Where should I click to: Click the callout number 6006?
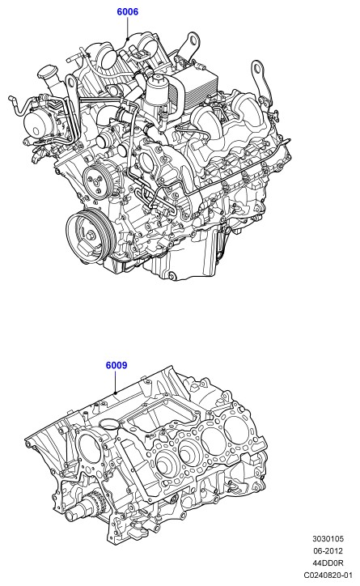(x=127, y=12)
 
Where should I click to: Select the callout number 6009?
(x=116, y=365)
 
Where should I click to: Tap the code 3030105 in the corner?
(x=328, y=539)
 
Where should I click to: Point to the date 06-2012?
(x=328, y=551)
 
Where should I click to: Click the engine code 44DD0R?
(x=328, y=563)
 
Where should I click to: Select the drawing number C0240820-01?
(x=328, y=575)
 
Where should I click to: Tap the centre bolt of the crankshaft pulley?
(x=90, y=236)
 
